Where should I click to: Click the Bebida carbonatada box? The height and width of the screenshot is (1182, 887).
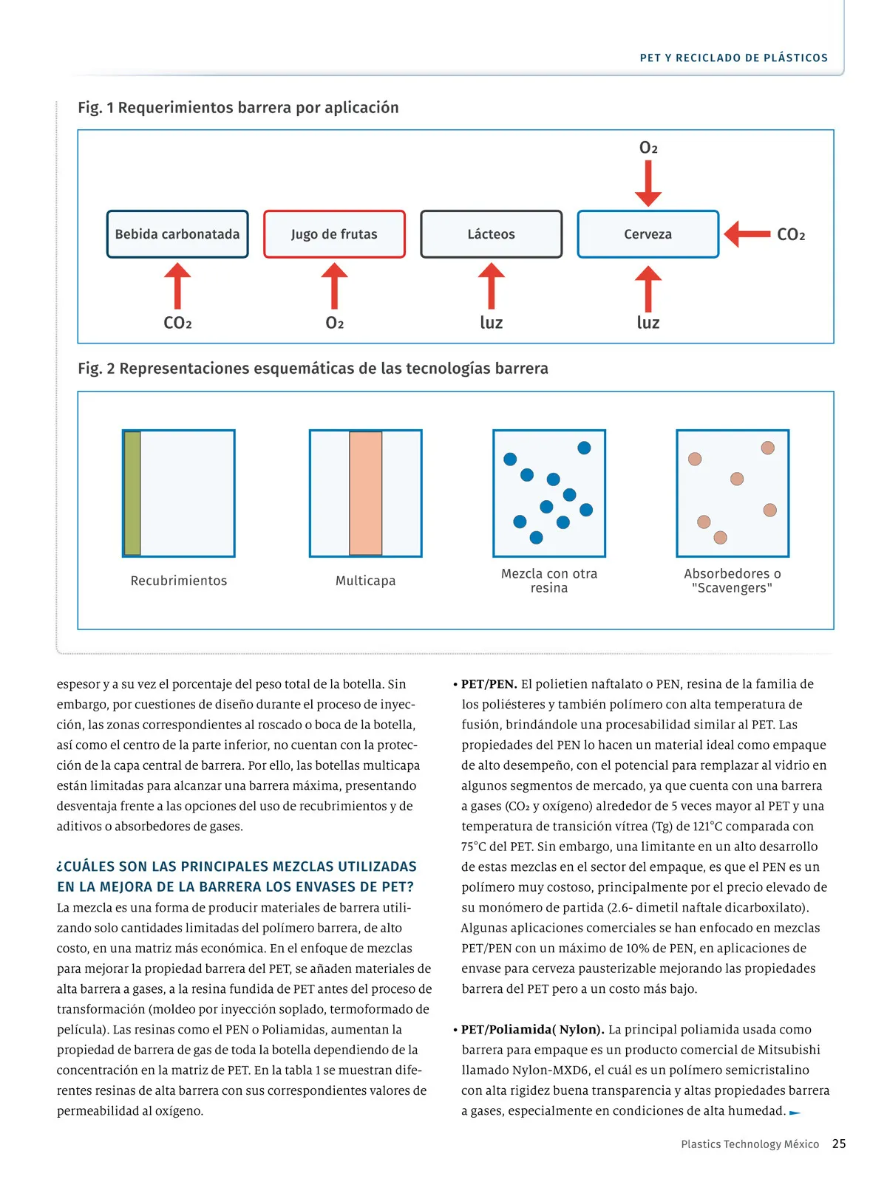177,234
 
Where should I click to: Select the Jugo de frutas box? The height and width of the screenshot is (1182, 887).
334,234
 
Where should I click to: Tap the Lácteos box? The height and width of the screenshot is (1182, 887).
491,234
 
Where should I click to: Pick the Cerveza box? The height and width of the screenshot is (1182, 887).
648,234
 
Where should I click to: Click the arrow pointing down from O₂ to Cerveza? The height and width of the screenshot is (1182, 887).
648,182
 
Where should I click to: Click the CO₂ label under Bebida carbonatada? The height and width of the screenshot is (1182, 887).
177,323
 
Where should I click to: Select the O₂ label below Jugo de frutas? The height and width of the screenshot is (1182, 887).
335,323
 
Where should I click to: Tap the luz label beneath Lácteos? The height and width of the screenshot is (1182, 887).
492,323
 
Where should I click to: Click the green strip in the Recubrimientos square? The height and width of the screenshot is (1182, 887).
132,493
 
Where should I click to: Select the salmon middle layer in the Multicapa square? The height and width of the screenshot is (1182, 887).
365,493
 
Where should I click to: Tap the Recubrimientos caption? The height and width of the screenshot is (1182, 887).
179,581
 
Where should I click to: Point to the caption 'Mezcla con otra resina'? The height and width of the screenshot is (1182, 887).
549,581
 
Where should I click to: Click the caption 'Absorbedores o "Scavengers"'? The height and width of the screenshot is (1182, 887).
733,581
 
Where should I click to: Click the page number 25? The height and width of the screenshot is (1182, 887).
839,1144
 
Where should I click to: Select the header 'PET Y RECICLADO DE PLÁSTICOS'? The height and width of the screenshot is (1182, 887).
734,58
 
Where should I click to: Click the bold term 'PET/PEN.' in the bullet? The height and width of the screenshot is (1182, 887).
489,684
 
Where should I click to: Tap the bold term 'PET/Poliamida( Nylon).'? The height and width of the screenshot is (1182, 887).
532,1029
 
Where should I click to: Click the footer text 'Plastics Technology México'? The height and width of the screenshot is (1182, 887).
750,1144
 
